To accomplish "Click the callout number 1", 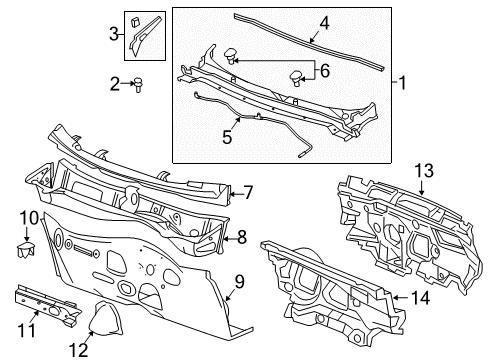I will click(x=404, y=82).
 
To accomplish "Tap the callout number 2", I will click(x=114, y=84).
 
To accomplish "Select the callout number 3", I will click(x=113, y=36).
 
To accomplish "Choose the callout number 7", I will click(x=248, y=192).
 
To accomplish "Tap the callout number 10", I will click(x=29, y=217).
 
